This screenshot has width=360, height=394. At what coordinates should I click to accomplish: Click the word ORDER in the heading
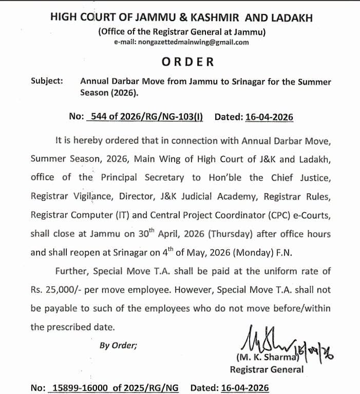[x=187, y=62]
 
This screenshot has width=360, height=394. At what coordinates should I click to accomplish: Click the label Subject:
[x=47, y=81]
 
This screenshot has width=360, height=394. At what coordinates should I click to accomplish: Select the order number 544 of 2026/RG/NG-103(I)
[x=146, y=117]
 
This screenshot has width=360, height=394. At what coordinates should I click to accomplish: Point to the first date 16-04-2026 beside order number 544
[x=267, y=117]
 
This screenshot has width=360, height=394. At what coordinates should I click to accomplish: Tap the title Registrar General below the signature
[x=267, y=369]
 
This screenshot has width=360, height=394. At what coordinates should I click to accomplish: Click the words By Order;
[x=118, y=345]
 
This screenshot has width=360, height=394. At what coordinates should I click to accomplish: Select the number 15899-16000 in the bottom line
[x=80, y=388]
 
